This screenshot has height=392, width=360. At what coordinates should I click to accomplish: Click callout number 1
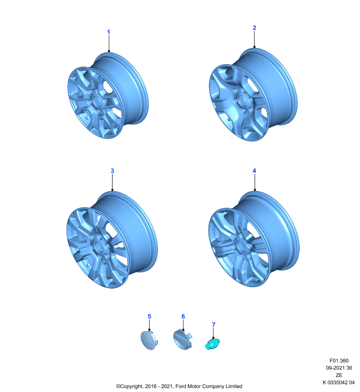108,32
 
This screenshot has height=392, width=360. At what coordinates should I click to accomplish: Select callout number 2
255,28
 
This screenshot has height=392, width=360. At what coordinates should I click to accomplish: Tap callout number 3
112,171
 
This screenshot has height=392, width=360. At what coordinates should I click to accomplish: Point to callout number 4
254,171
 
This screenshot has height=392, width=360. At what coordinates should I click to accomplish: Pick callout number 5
150,316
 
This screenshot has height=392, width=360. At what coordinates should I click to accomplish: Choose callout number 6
183,317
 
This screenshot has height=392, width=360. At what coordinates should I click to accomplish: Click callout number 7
214,324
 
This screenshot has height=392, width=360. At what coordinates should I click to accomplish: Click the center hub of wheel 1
97,101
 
